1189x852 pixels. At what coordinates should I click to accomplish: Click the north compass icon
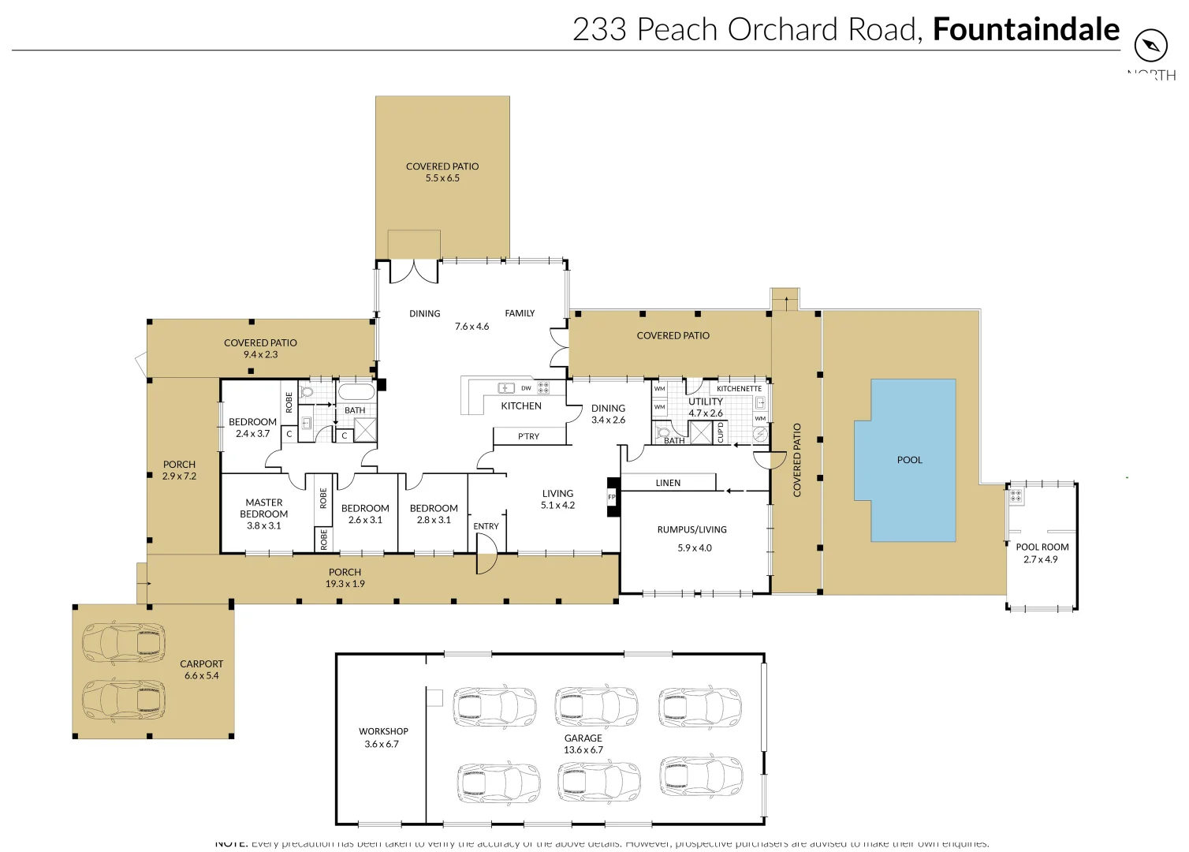click(1150, 45)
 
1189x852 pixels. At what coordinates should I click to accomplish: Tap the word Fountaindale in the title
click(1026, 29)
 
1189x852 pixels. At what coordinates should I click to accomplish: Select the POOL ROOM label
click(1042, 547)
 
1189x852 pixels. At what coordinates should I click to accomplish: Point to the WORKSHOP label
click(383, 731)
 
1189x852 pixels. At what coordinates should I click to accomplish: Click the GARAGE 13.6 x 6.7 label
click(583, 744)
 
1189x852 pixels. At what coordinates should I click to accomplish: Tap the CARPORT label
click(201, 664)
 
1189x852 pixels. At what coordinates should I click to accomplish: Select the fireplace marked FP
click(612, 497)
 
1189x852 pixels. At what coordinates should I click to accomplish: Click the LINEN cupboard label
click(668, 483)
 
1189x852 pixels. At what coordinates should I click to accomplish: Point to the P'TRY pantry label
click(528, 436)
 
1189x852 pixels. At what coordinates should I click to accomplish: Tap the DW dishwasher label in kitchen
click(526, 388)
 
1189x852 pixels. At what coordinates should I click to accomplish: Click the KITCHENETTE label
click(739, 389)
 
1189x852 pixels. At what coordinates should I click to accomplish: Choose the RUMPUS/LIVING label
click(691, 530)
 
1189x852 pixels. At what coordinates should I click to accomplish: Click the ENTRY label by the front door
click(486, 526)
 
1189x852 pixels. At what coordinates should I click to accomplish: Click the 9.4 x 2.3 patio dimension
click(260, 355)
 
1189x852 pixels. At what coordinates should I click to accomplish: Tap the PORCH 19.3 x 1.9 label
click(345, 578)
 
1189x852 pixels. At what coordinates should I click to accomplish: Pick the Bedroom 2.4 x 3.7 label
click(252, 428)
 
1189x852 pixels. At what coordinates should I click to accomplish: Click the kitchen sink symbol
click(506, 388)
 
